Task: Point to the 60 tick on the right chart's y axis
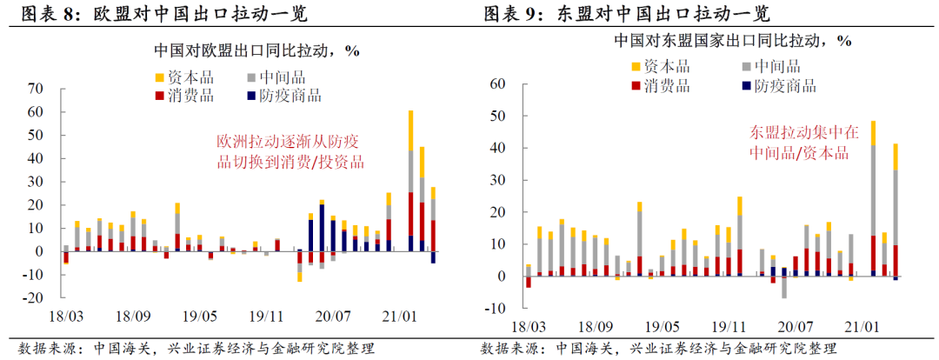[x=499, y=83]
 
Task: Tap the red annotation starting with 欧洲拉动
[x=290, y=151]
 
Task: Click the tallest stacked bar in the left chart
[x=410, y=183]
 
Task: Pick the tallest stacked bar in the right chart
[x=872, y=200]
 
